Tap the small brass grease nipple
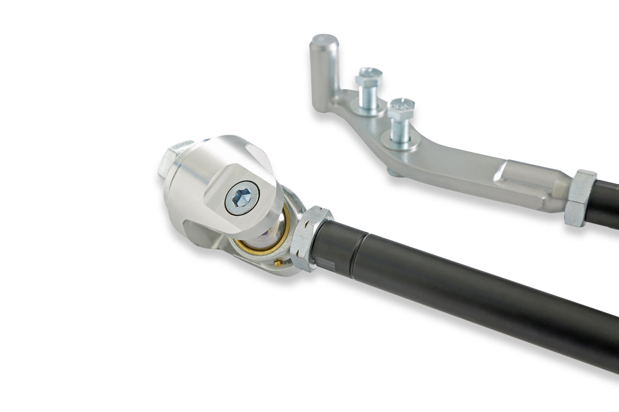click(278, 263)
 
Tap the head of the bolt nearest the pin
click(369, 76)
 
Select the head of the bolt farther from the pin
click(401, 108)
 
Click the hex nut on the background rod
click(581, 198)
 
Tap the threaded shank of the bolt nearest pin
click(368, 96)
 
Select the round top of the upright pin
click(324, 39)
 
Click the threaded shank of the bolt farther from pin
click(400, 129)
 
